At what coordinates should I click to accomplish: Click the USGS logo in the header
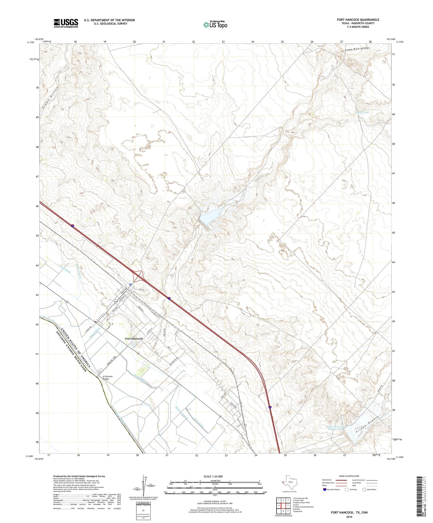point(66,23)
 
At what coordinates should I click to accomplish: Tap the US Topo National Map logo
point(215,25)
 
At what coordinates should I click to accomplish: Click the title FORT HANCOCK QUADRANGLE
point(358,20)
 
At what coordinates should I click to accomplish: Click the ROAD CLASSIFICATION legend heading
point(349,476)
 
